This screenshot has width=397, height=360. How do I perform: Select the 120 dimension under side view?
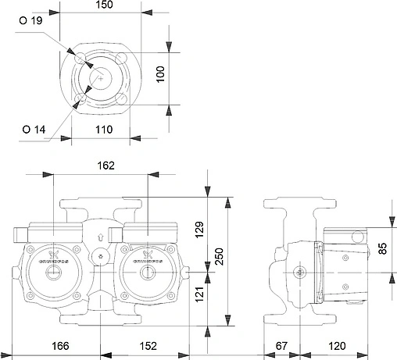(x=337, y=346)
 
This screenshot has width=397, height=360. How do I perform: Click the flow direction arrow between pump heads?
(x=101, y=239)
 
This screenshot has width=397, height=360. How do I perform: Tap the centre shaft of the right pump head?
(x=146, y=273)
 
